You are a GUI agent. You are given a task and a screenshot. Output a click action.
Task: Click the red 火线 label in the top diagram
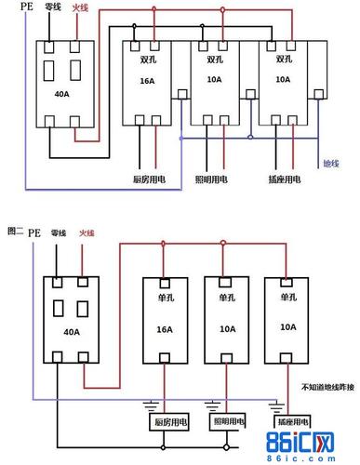pos(80,8)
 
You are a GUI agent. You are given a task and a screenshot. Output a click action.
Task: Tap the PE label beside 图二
pos(34,232)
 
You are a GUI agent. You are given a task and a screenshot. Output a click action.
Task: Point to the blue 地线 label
pos(330,164)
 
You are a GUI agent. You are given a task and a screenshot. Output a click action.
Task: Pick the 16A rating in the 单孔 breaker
pos(164,326)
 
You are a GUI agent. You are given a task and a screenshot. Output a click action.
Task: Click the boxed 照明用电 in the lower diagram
pos(228,422)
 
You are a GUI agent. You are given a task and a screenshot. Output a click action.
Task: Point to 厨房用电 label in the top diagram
pos(149,178)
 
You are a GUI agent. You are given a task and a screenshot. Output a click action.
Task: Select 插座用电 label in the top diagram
pos(284,178)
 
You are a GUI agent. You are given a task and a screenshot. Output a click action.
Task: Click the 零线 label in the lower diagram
pos(60,232)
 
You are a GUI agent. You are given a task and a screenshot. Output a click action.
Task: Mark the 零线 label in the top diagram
pos(52,9)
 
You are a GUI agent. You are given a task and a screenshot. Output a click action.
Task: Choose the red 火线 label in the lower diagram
pos(87,232)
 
